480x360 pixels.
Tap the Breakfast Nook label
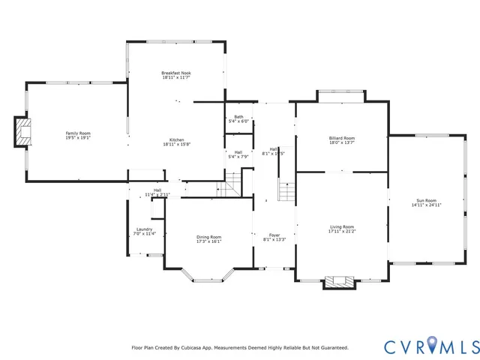tap(177, 73)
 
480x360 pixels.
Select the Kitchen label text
tap(177, 139)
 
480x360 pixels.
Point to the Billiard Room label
tap(341, 138)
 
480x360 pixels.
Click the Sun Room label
tap(426, 200)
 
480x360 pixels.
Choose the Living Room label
tap(342, 226)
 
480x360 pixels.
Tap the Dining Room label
tap(209, 237)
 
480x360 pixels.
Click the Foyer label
tap(274, 235)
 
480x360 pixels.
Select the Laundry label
tap(145, 229)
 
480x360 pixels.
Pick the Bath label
tap(238, 117)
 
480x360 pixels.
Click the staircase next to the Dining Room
tap(235, 184)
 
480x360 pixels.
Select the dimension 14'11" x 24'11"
tap(426, 205)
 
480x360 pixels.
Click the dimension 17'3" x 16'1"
tap(209, 241)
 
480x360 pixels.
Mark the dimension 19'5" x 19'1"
tap(83, 138)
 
